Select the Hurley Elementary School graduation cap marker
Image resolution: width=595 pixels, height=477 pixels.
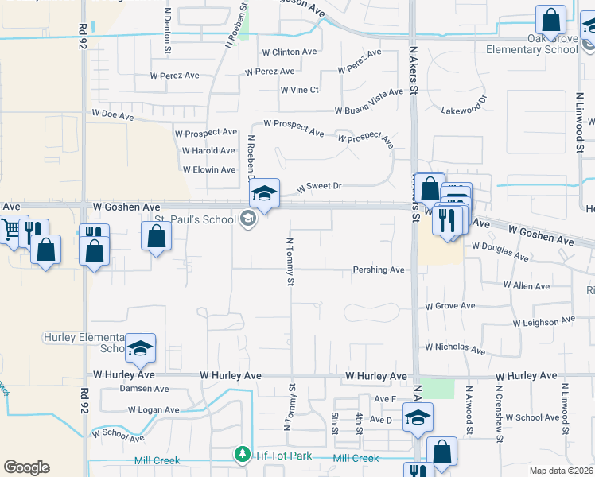pos(140,347)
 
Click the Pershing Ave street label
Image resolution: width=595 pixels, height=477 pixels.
pos(379,270)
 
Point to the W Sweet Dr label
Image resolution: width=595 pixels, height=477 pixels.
pos(319,187)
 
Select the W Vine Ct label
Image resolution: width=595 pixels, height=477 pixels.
pos(299,90)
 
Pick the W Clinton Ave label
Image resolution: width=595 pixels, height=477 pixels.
pos(290,52)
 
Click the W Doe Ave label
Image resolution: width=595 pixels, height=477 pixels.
pos(112,116)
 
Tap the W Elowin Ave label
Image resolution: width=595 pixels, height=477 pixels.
pos(209,169)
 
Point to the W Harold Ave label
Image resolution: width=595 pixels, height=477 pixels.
pos(208,150)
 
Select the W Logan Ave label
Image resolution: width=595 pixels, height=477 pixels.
pos(154,410)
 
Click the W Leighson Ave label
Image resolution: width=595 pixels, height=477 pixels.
pos(544,321)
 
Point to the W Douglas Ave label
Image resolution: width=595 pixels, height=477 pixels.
pos(500,251)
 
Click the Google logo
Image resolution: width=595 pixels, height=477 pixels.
pos(26,467)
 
